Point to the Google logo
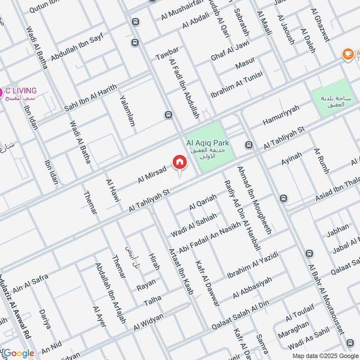click(x=18, y=353)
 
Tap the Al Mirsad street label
click(x=152, y=174)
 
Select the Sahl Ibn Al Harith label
click(x=90, y=97)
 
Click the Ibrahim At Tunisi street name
click(x=236, y=85)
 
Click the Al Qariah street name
click(x=203, y=202)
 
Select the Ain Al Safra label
click(x=31, y=282)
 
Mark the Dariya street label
click(x=45, y=318)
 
